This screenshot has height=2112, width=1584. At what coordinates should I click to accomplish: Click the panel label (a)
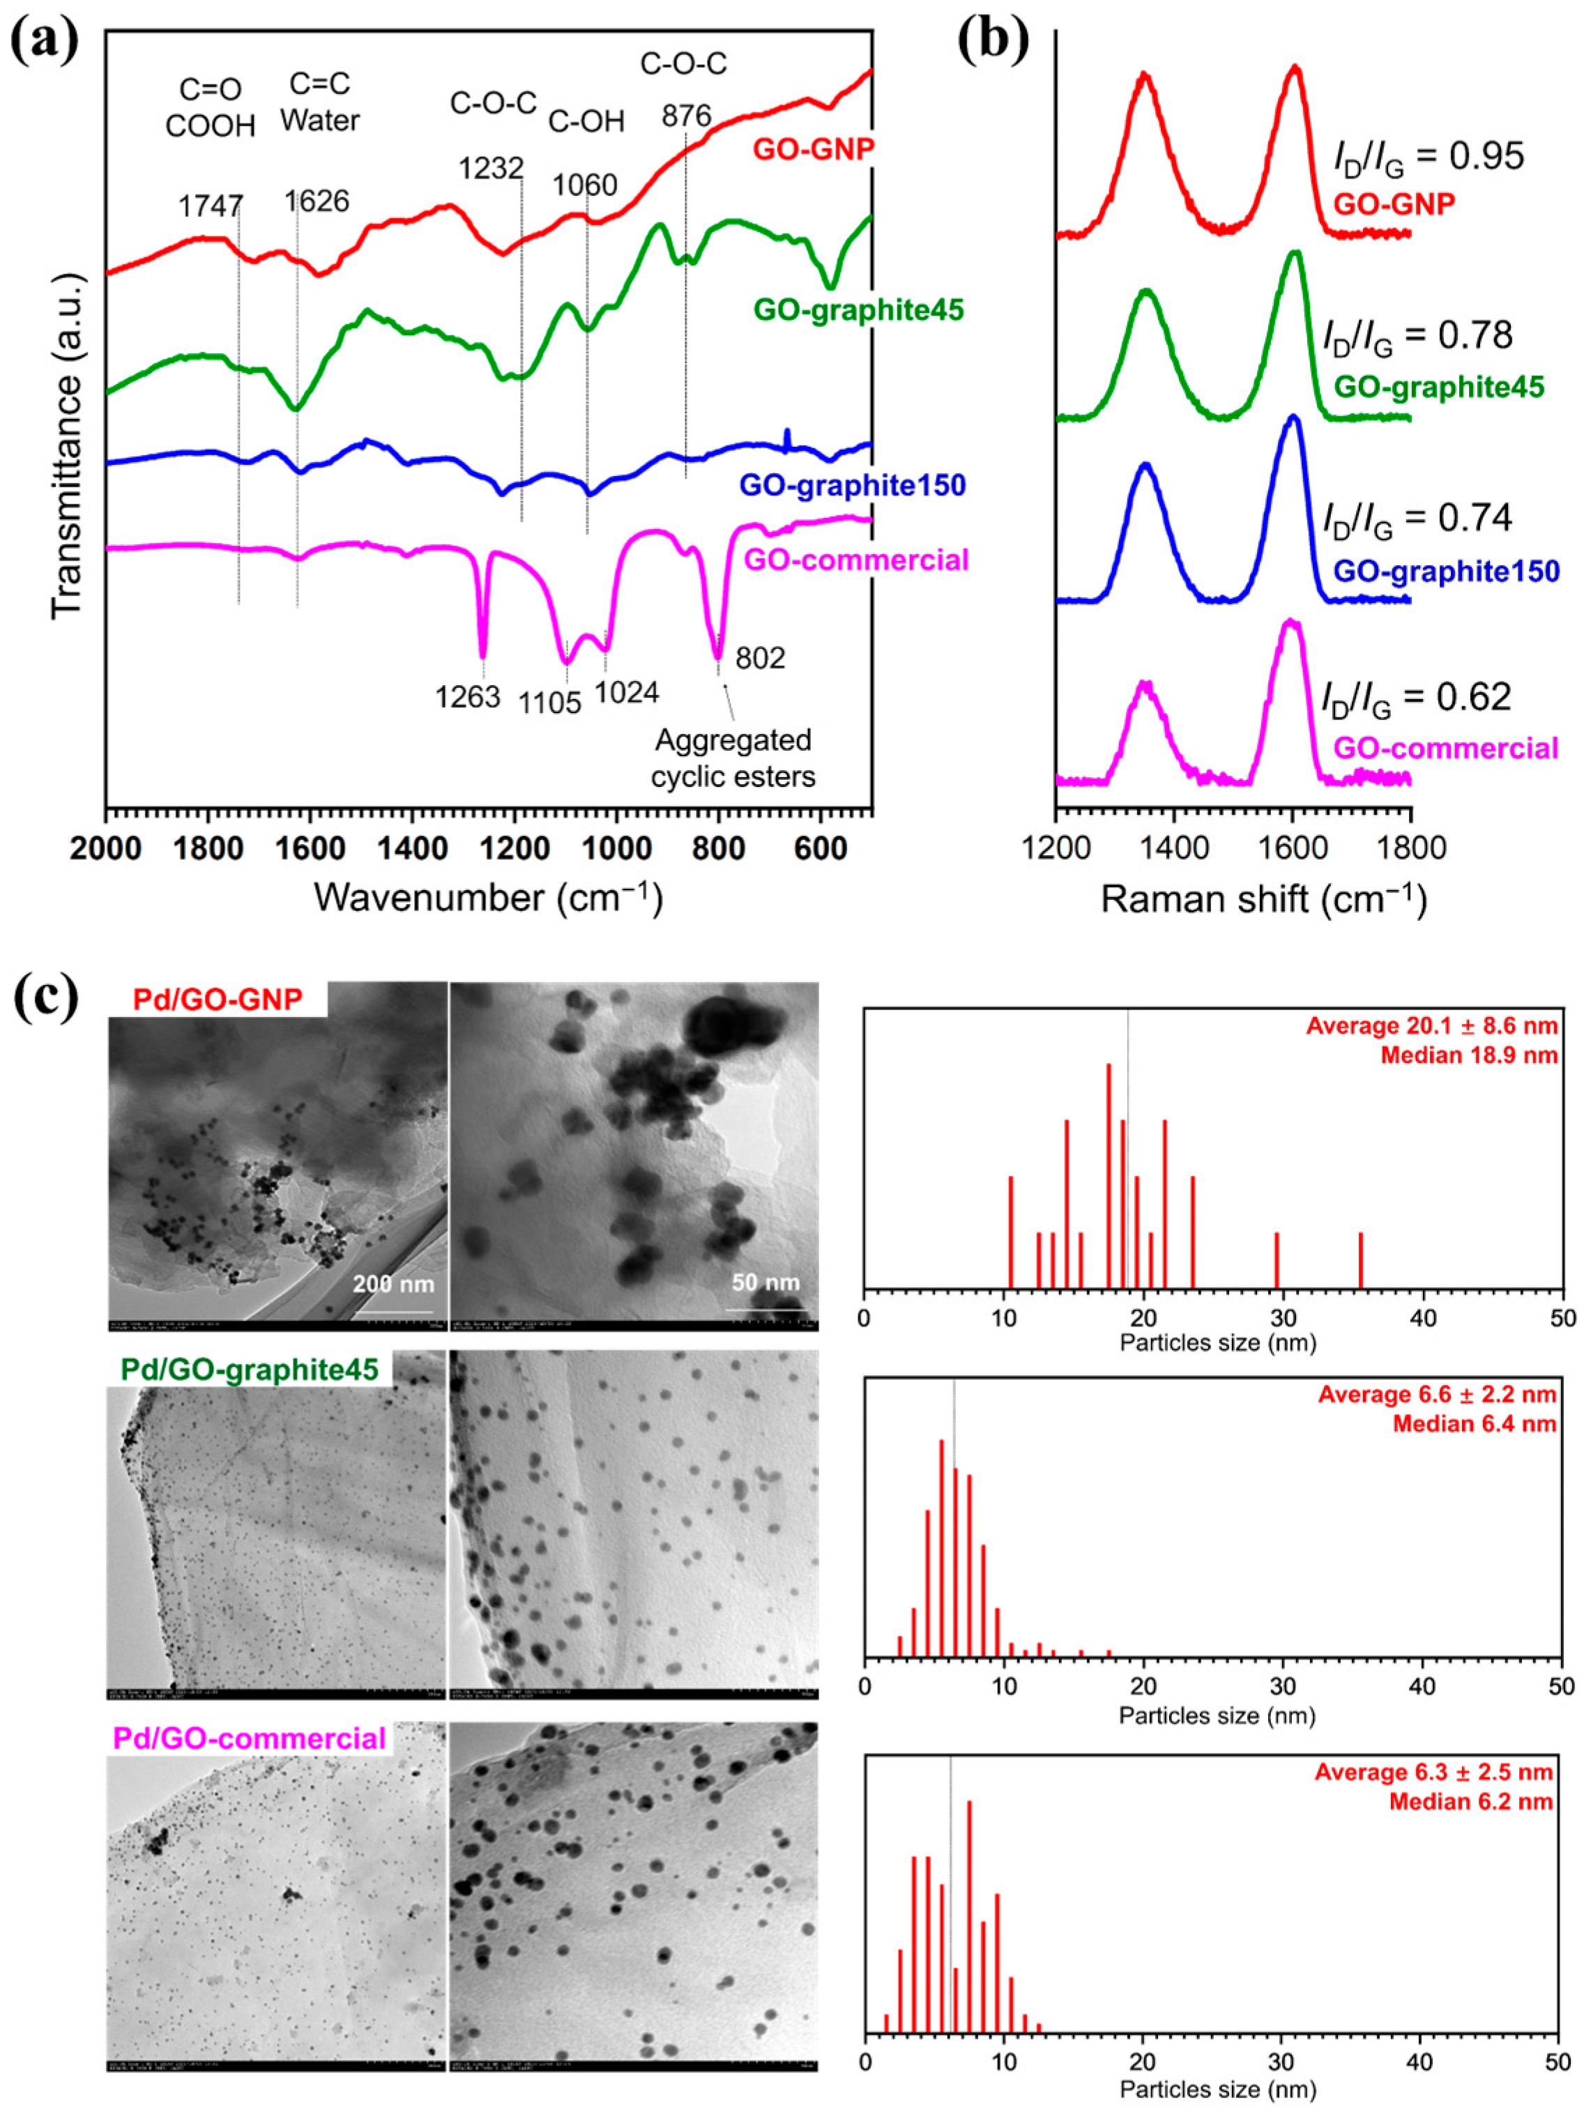[x=44, y=37]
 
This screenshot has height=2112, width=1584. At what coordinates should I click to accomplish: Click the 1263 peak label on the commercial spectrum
[x=468, y=697]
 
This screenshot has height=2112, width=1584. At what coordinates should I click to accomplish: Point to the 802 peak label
[x=760, y=658]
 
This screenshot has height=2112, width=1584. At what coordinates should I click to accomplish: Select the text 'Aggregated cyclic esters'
[x=733, y=758]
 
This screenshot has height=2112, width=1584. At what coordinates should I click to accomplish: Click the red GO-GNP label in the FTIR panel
[x=814, y=150]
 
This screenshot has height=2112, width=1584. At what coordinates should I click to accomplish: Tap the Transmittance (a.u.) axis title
[x=68, y=444]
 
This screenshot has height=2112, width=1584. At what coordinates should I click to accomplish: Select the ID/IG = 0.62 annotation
[x=1416, y=698]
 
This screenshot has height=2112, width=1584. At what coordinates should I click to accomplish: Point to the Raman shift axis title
[x=1263, y=898]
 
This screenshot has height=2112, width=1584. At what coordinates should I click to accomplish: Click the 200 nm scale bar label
[x=393, y=1284]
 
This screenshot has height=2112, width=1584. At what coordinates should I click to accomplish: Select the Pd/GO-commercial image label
[x=249, y=1738]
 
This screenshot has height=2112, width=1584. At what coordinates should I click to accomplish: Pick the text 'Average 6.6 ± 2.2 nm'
[x=1437, y=1394]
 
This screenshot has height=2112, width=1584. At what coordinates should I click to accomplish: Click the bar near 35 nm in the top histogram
[x=1361, y=1260]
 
